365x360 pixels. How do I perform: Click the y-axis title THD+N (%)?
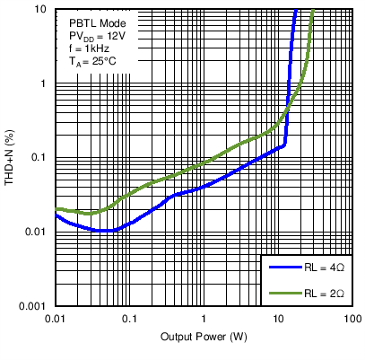pos(11,158)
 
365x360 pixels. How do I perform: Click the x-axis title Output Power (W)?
pos(204,337)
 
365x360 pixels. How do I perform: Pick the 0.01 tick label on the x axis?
pos(56,320)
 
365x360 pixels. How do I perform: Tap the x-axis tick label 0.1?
pos(130,320)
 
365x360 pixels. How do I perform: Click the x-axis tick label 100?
pos(352,320)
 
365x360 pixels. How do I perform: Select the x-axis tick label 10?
pos(278,320)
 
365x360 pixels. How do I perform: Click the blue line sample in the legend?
pos(282,268)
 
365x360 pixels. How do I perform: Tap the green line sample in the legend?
pos(282,293)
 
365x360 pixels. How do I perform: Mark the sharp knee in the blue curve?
pos(285,144)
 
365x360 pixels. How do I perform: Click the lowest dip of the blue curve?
pos(108,231)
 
